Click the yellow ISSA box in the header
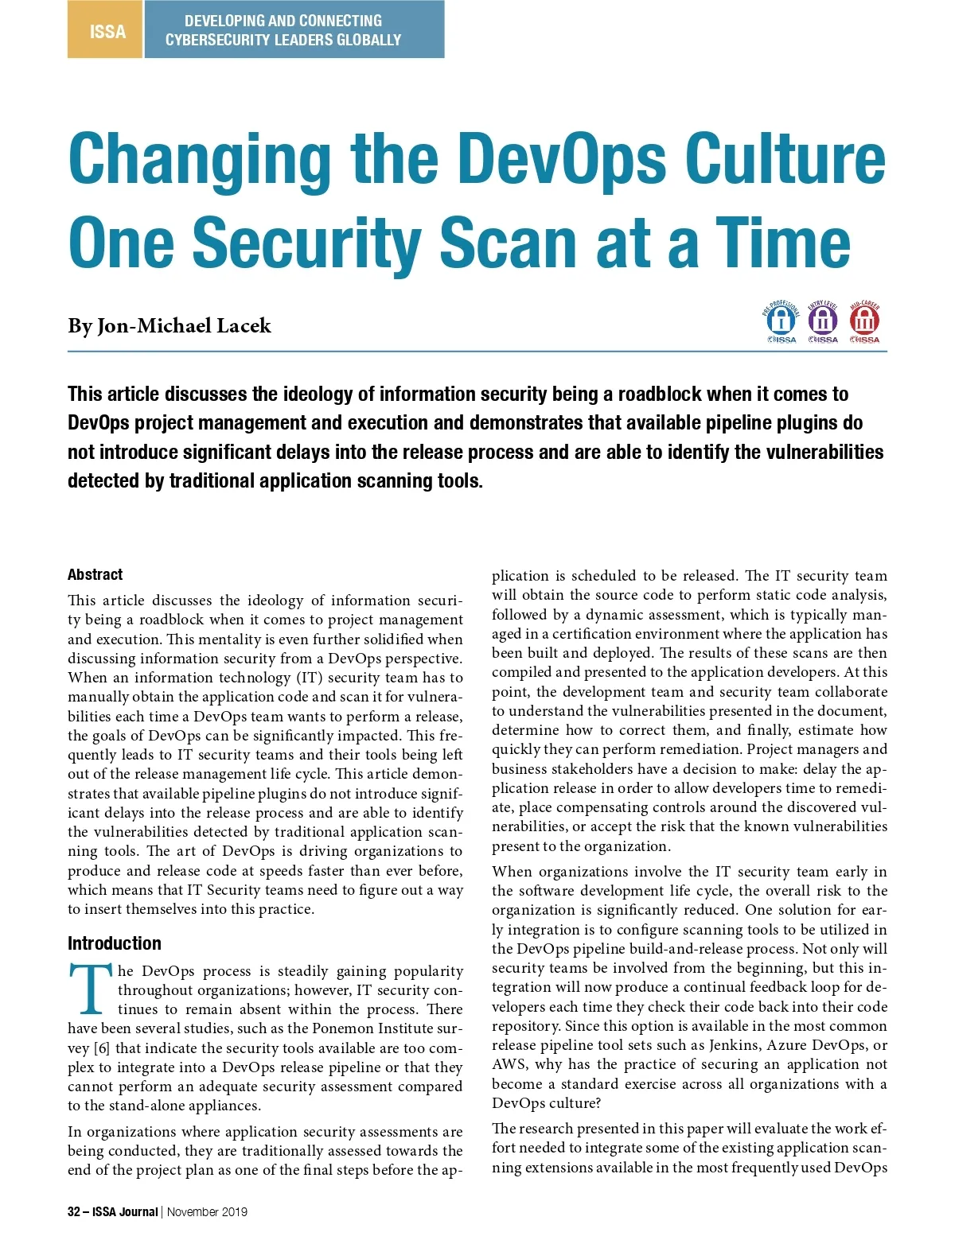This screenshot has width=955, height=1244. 106,30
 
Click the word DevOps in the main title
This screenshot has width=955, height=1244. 562,158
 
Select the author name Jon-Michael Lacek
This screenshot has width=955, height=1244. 184,326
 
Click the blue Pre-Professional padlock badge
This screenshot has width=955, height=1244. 781,321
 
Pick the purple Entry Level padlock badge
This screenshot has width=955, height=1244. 822,321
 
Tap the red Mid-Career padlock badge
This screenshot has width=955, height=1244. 864,321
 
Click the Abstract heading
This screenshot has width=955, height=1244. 95,574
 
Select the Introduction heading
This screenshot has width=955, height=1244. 115,943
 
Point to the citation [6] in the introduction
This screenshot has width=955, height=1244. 101,1048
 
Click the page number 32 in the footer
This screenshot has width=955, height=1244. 74,1212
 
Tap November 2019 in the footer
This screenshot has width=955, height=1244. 207,1212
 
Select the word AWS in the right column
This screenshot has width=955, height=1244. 509,1064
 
